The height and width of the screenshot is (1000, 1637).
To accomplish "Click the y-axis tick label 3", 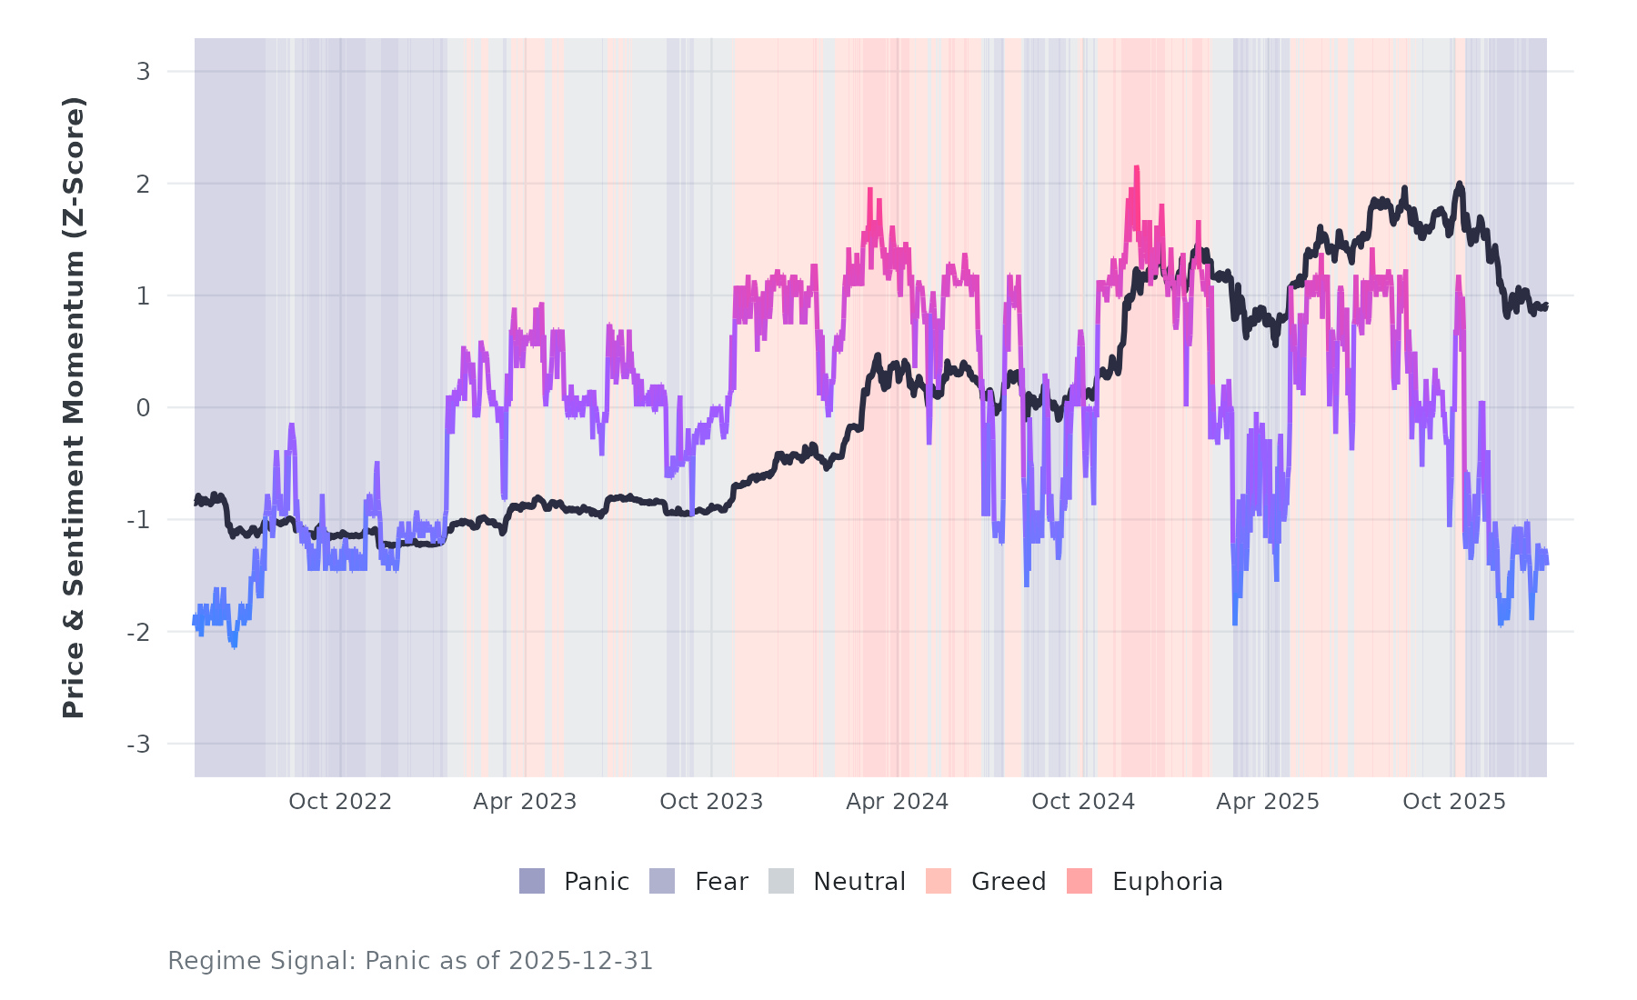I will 143,72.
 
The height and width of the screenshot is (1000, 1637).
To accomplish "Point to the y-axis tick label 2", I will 143,184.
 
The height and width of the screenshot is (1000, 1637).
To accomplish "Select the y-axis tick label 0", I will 143,408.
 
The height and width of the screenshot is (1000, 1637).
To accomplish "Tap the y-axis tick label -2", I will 138,633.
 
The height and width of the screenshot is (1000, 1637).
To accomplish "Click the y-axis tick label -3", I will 138,745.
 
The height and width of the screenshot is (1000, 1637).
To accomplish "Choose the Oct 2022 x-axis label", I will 340,802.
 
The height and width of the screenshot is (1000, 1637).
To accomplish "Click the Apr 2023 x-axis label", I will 525,802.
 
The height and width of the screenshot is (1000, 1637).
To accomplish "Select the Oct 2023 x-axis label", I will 711,802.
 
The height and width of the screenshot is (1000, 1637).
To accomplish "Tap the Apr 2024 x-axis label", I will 897,802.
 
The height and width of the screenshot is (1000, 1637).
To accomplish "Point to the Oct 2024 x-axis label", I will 1083,802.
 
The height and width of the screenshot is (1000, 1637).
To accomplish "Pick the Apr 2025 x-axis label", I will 1268,802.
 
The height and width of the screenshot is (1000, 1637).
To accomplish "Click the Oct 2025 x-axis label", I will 1454,802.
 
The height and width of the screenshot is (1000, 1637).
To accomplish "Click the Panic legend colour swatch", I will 532,881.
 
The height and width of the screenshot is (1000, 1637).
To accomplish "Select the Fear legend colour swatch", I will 662,881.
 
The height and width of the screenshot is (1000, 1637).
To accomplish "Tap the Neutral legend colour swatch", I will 781,881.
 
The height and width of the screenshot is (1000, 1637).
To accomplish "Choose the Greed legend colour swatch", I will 939,881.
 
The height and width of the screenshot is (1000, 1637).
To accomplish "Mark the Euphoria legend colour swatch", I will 1080,881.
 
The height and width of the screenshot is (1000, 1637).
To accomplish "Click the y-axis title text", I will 74,407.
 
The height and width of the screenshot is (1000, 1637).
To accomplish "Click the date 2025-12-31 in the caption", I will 581,961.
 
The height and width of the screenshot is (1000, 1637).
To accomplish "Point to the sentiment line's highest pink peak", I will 1136,168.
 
